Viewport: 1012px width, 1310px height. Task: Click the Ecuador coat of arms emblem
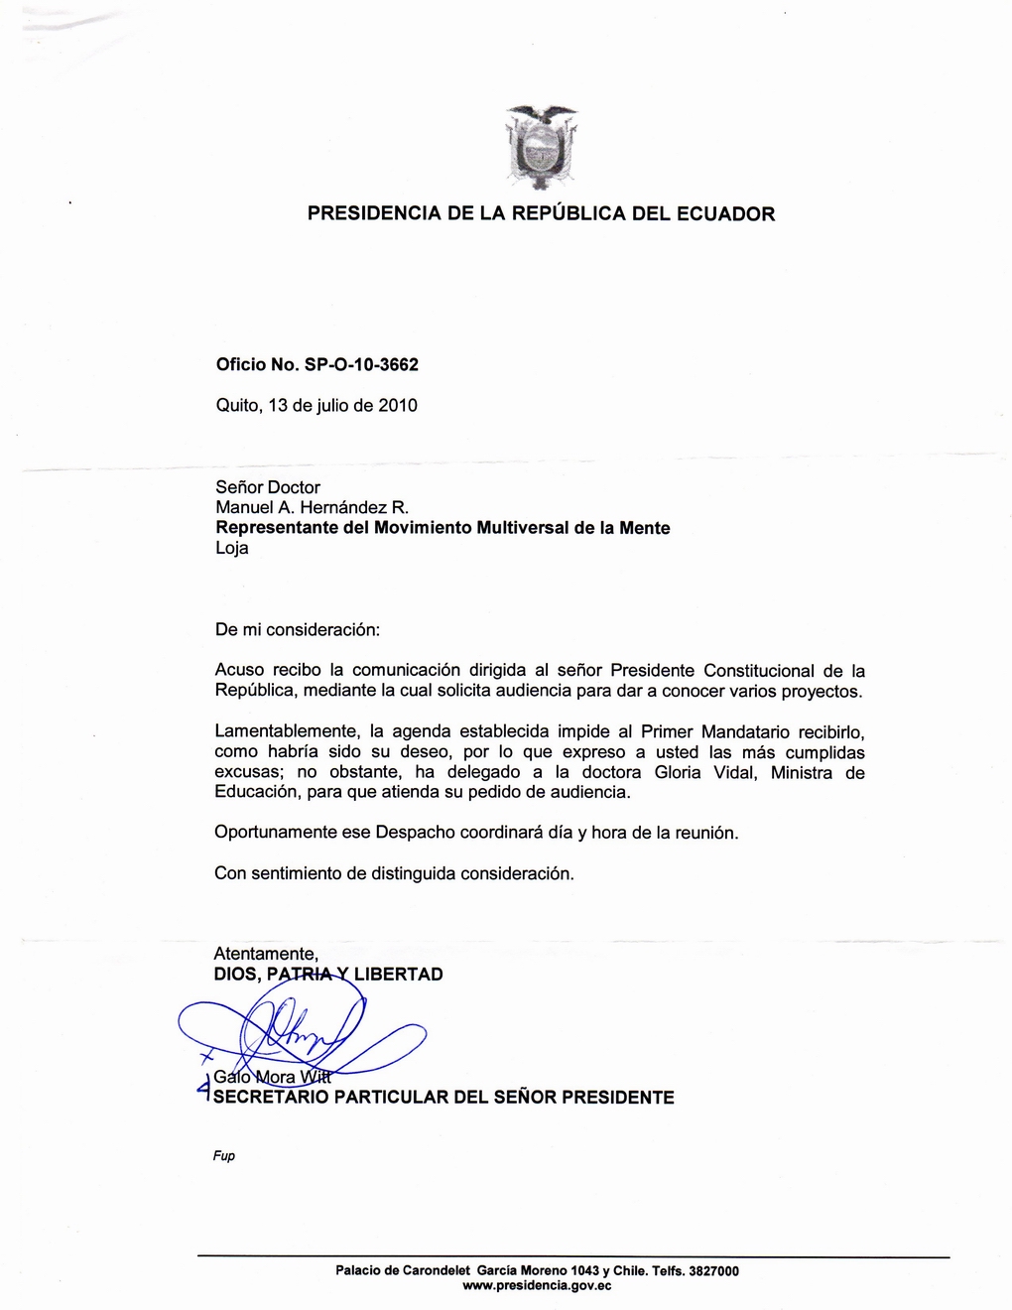coord(541,147)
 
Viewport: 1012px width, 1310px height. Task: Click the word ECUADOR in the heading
coord(725,214)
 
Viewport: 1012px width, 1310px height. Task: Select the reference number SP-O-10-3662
coord(361,365)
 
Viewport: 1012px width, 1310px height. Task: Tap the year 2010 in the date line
coord(398,406)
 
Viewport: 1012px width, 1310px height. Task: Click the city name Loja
coord(232,549)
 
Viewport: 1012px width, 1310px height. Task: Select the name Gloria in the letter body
coord(678,773)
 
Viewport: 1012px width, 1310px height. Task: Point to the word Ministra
coord(802,773)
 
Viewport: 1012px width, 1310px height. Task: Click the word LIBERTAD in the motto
coord(398,975)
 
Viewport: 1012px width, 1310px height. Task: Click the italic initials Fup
coord(224,1156)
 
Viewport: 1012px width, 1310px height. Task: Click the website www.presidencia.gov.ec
coord(537,1286)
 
